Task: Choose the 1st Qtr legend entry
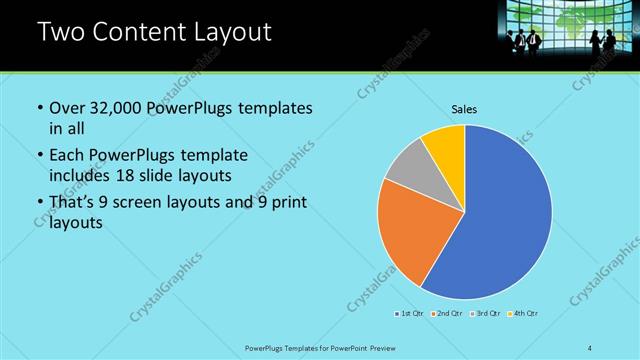pos(408,314)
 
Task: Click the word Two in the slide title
pos(60,32)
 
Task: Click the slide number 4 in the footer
pos(590,348)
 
